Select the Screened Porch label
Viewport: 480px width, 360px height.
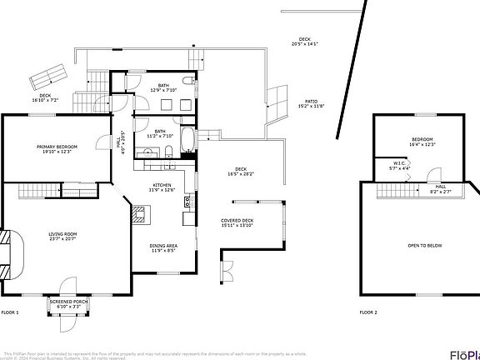tap(68, 302)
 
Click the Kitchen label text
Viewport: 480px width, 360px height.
tap(161, 185)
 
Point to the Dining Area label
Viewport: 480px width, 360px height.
tap(162, 245)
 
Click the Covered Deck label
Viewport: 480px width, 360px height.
tap(237, 220)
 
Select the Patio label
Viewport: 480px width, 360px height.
tap(311, 102)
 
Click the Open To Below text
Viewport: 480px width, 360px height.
tap(424, 245)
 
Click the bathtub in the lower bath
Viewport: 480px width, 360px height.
tap(187, 142)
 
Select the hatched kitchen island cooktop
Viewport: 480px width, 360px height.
tap(138, 214)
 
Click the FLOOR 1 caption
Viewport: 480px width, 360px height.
tap(9, 312)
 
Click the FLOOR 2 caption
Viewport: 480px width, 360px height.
tap(368, 312)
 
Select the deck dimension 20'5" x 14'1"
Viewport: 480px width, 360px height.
tap(305, 44)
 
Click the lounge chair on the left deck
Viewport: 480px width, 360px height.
tap(48, 76)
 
